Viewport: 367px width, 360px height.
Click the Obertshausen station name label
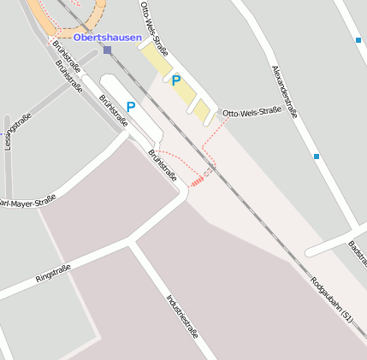(107, 37)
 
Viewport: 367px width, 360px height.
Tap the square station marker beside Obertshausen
(107, 50)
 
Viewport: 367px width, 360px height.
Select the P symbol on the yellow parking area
(175, 81)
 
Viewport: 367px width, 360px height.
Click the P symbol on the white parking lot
(131, 108)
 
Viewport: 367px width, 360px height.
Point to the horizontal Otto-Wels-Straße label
(252, 113)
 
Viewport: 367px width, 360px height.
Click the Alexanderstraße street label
(286, 90)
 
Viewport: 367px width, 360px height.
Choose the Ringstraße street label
(52, 274)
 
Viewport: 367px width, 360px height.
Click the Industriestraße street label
(181, 315)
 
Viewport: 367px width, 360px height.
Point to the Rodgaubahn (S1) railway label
(331, 298)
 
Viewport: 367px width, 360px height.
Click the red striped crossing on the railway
(198, 180)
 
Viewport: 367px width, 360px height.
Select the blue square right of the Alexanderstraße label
(317, 156)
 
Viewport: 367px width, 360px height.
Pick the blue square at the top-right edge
(358, 40)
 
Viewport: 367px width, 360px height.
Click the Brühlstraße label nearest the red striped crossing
(163, 165)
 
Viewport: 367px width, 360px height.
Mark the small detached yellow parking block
(202, 110)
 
